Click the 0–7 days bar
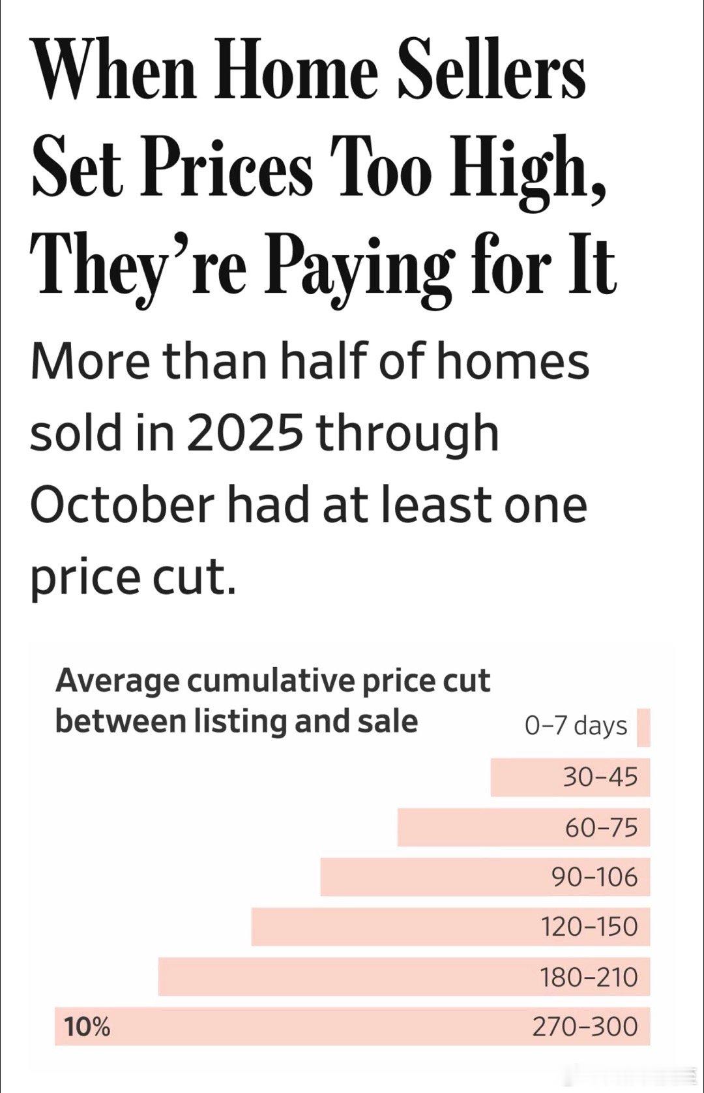click(x=643, y=727)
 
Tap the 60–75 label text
click(x=601, y=828)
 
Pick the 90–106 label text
click(x=594, y=877)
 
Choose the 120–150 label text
click(x=589, y=927)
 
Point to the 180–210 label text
click(x=588, y=977)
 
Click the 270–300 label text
click(x=585, y=1026)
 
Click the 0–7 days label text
click(x=576, y=726)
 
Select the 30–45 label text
click(x=600, y=777)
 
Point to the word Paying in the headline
click(x=357, y=265)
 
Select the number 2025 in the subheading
click(x=245, y=432)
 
